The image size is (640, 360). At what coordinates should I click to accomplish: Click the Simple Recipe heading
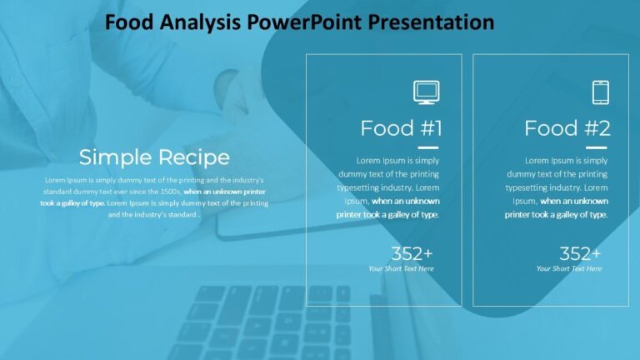(x=154, y=157)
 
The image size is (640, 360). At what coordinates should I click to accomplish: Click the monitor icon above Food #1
(x=426, y=92)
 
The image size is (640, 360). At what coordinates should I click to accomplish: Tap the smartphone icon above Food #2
(x=600, y=92)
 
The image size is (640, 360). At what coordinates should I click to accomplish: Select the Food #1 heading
(x=401, y=128)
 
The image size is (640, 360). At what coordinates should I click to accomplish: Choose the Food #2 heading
(x=567, y=128)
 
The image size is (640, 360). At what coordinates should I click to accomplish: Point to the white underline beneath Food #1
(x=428, y=147)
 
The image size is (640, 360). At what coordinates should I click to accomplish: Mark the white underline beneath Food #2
(x=597, y=147)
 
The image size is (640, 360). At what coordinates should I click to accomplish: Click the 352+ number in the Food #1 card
(x=412, y=254)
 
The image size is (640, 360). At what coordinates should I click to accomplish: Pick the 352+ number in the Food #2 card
(x=580, y=254)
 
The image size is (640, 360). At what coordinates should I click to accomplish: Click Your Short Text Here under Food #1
(x=401, y=268)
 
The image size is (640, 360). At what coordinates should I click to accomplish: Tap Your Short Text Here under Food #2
(x=569, y=268)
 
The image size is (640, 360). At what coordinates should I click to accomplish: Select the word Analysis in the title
(x=202, y=22)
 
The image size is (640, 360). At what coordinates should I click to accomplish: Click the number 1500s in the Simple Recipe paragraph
(x=166, y=191)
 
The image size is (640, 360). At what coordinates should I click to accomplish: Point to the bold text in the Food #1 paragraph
(x=388, y=207)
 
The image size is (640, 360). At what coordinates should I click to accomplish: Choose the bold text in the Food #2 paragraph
(x=557, y=207)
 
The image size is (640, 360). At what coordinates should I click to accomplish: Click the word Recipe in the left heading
(x=194, y=157)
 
